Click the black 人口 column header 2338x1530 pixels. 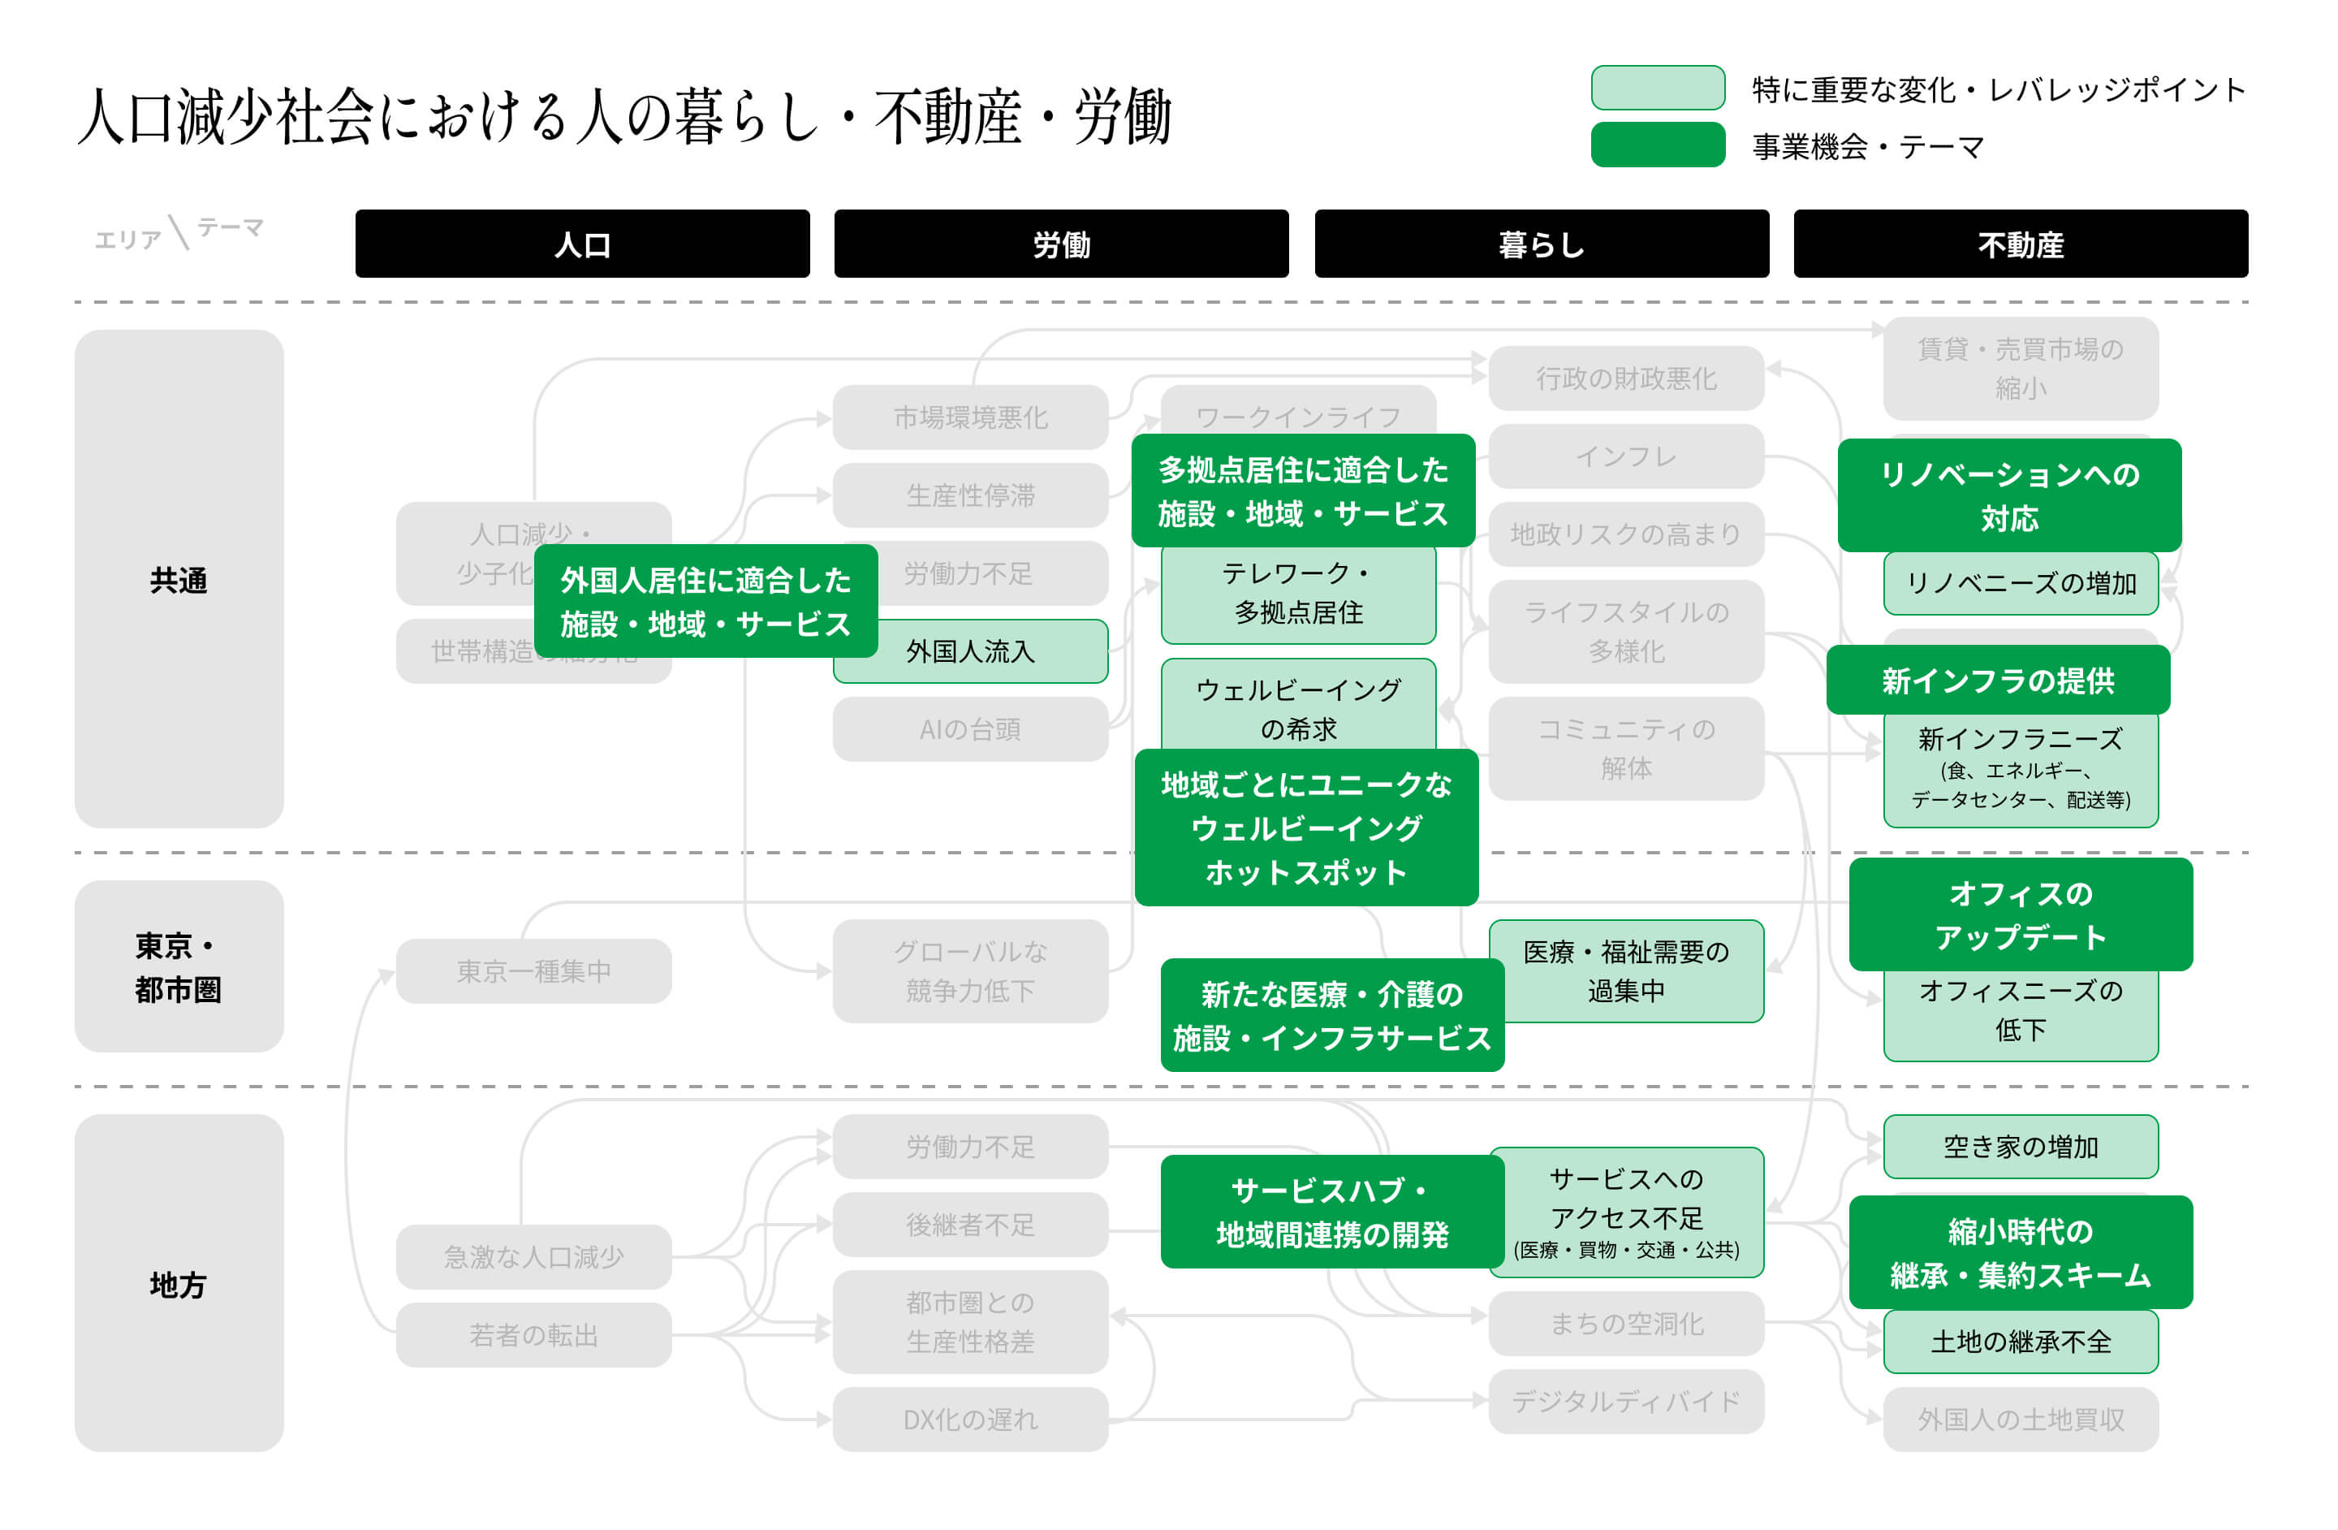[x=583, y=244]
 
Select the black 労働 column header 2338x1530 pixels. [x=1061, y=244]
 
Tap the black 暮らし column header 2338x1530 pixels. [x=1542, y=244]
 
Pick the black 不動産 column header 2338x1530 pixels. [x=2020, y=244]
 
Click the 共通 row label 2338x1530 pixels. [x=179, y=580]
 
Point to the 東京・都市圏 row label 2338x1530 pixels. [x=179, y=967]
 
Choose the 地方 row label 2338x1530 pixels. [x=179, y=1283]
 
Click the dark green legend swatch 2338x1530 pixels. [x=1657, y=145]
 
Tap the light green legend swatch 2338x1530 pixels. [x=1657, y=88]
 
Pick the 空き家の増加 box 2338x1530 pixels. [x=2020, y=1146]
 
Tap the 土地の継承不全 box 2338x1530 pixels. [x=2020, y=1342]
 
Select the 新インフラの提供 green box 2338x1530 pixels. [x=1997, y=680]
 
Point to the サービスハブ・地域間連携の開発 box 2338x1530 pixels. [x=1331, y=1212]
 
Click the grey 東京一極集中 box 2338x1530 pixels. [x=533, y=970]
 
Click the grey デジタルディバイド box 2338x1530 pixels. [x=1626, y=1401]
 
